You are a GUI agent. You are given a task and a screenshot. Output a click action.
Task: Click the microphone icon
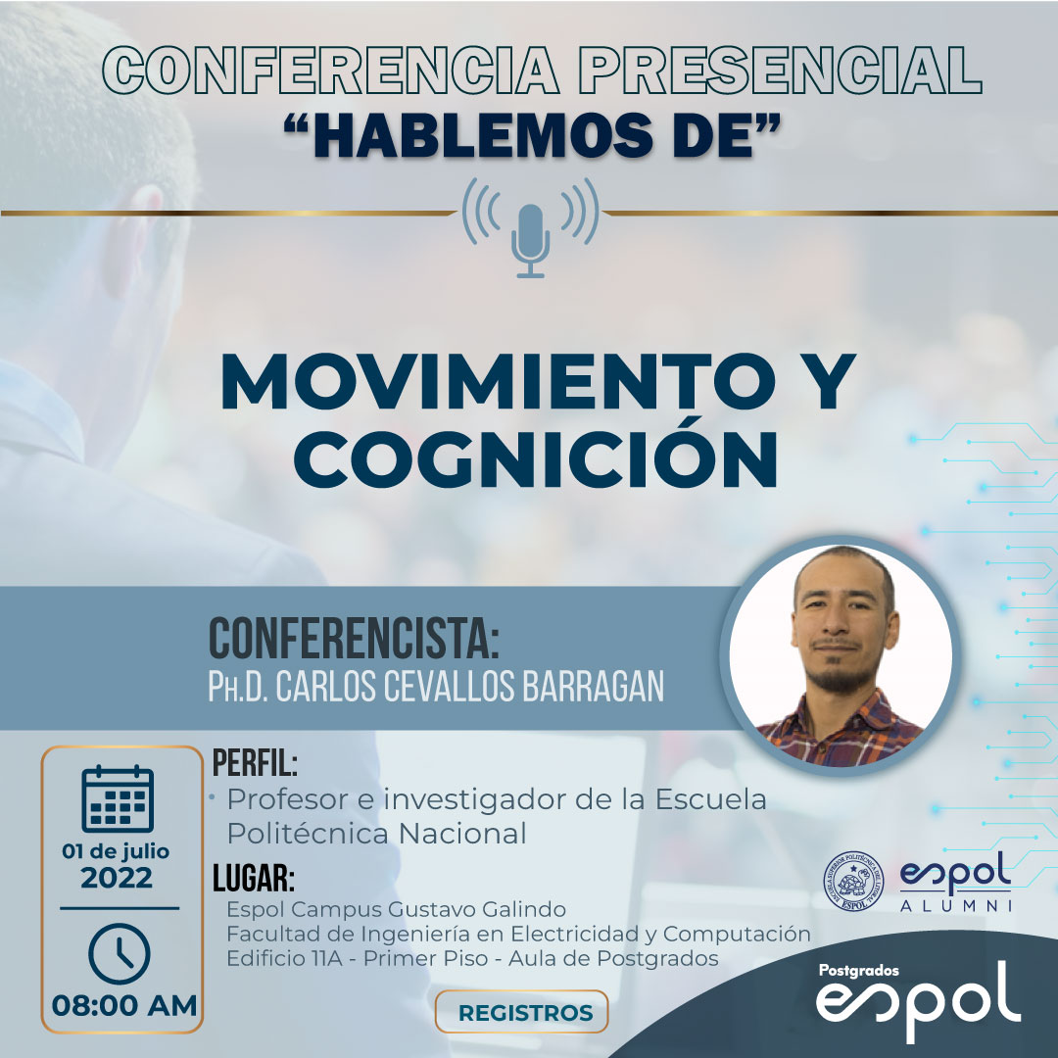530,241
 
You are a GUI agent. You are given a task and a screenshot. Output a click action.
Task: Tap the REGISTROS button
521,1012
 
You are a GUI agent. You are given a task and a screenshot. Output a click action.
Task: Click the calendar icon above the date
118,799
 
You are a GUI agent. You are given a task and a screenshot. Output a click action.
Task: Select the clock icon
120,954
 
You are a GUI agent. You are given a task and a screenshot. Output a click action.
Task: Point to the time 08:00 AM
124,1006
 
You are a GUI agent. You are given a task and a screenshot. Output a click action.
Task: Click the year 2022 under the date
117,879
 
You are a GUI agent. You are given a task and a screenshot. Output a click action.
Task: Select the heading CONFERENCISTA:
355,639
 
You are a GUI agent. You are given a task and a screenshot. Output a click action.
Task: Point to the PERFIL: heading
255,763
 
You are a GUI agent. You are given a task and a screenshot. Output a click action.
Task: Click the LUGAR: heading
254,879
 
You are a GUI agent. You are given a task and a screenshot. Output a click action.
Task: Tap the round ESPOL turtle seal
853,882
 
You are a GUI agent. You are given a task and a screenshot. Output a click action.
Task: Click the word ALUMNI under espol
956,905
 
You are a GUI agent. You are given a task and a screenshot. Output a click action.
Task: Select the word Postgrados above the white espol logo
859,970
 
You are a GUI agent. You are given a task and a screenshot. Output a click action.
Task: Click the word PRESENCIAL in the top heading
780,70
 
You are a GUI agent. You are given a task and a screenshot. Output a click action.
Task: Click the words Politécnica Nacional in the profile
376,834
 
